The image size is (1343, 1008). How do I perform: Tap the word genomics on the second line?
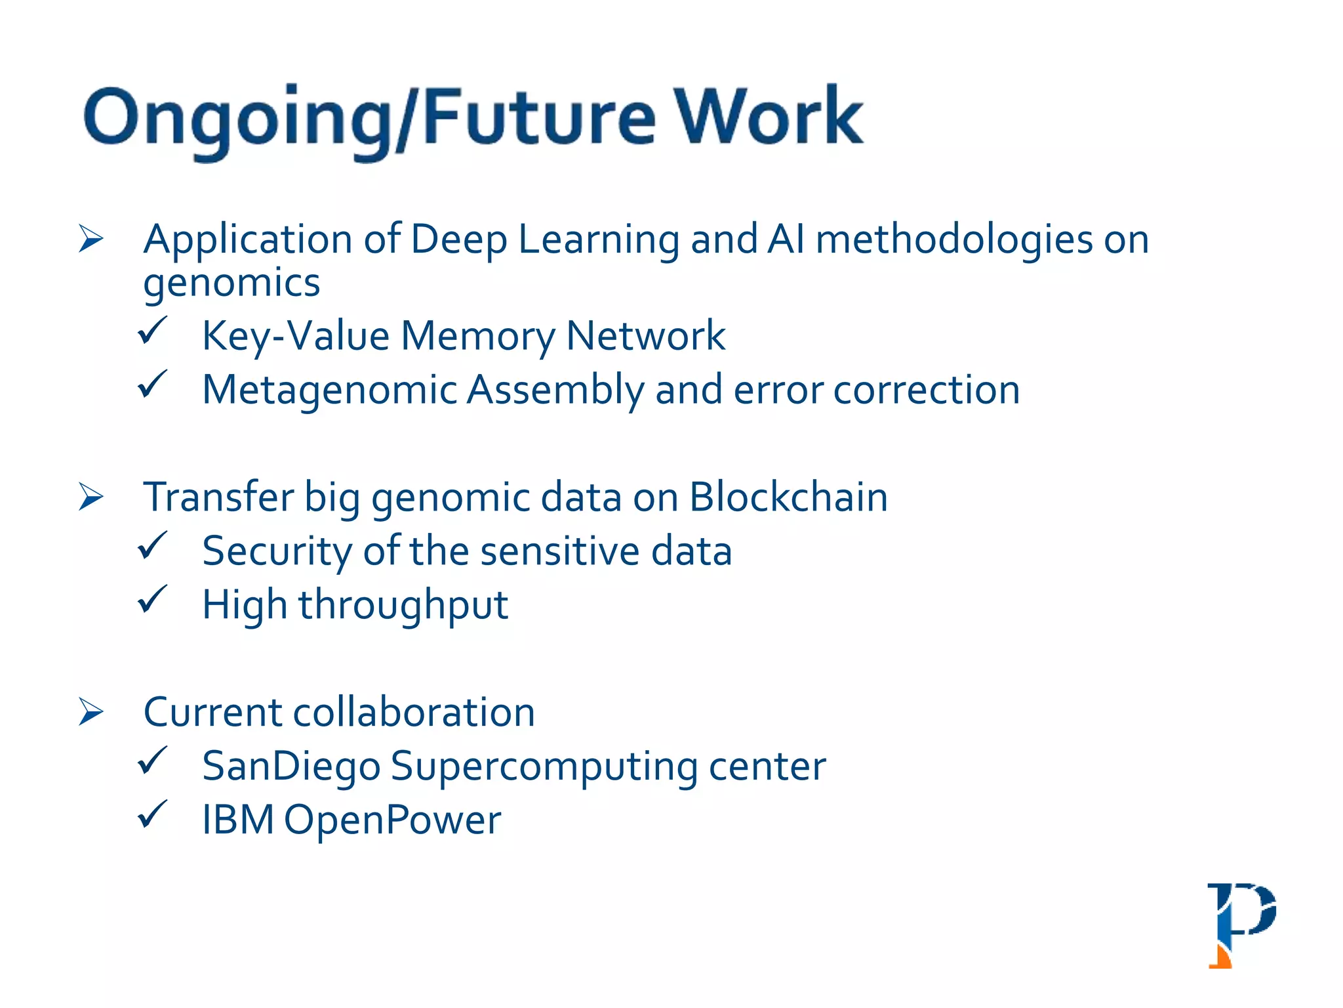click(231, 283)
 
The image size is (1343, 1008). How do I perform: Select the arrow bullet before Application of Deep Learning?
click(91, 238)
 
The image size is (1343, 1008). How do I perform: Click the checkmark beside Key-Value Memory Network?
click(153, 331)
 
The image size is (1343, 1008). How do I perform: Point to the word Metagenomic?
click(329, 390)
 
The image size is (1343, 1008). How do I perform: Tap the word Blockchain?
click(788, 497)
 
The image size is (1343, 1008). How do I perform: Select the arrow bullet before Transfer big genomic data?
click(91, 497)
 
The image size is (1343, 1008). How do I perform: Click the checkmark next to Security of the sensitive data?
click(153, 546)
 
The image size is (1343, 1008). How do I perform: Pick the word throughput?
click(403, 605)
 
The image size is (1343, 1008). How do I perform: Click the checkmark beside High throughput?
click(153, 600)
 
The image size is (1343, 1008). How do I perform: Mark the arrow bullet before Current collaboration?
click(91, 712)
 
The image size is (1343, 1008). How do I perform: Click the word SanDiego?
click(291, 766)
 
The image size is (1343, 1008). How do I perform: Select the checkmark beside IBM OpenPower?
click(153, 815)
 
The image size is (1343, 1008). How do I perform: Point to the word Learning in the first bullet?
click(598, 240)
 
